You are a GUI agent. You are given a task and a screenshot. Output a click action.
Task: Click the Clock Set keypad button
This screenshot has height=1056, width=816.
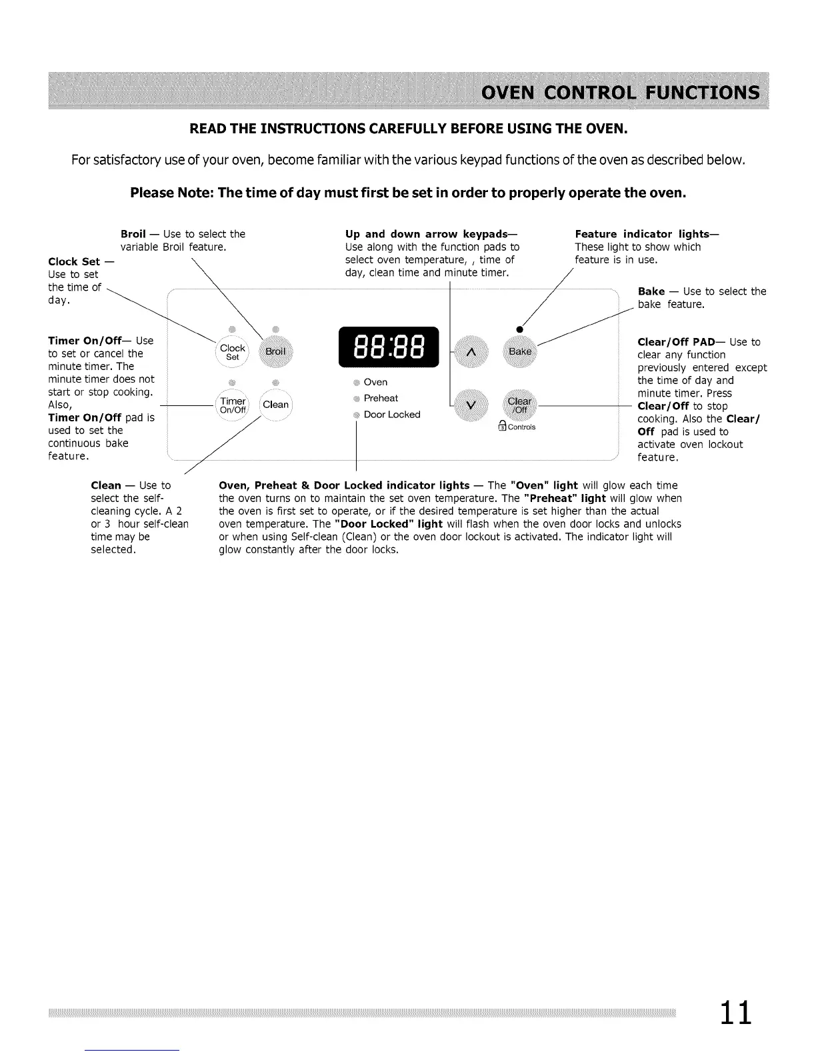233,352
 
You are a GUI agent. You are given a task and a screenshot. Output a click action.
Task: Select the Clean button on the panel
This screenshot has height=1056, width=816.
275,405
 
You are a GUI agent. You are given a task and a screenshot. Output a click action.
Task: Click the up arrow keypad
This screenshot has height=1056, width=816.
471,351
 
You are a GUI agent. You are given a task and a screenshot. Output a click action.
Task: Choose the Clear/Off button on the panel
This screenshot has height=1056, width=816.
520,405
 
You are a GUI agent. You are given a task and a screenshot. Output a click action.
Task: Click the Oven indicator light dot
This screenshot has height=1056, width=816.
357,383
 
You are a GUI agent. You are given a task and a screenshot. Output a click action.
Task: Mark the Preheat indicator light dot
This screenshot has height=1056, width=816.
357,399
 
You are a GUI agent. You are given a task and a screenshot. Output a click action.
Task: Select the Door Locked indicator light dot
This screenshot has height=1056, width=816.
357,415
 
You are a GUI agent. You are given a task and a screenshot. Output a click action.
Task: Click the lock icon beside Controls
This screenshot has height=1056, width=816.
502,427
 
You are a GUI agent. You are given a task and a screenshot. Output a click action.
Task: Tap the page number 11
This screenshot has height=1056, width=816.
735,1012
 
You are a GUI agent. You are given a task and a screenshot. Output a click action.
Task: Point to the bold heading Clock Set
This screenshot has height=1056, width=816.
74,261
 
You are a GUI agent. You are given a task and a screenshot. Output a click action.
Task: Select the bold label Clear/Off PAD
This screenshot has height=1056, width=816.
676,342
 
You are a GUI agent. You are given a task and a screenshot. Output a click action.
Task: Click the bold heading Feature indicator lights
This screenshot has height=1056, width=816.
646,234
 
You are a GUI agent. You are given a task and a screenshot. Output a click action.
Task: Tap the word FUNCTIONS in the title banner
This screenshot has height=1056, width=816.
689,92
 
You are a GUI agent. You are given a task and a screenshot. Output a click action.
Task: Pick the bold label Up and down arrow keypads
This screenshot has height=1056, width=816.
431,234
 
